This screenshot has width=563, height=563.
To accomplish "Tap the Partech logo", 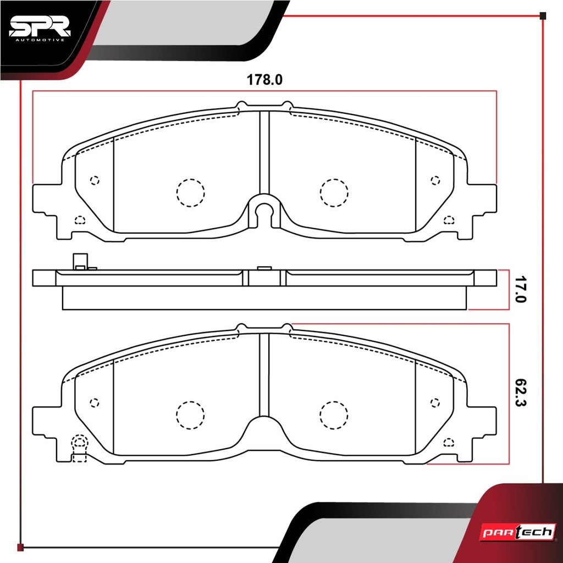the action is tap(518, 532).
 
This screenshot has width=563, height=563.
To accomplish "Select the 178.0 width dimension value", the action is tap(264, 80).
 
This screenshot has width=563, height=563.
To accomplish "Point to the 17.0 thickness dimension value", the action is tap(520, 289).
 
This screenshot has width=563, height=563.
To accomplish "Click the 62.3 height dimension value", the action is tap(520, 393).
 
